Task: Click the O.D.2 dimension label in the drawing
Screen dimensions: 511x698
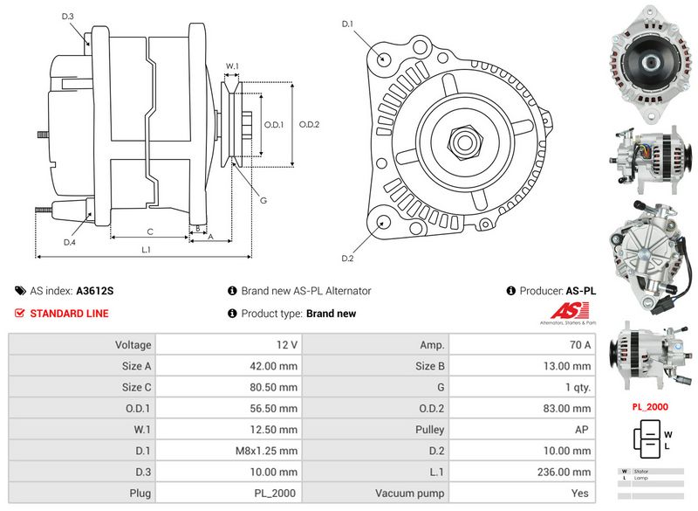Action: click(x=310, y=124)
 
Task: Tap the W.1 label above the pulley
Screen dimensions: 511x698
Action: click(x=232, y=66)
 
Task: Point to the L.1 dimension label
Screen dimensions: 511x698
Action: click(x=147, y=250)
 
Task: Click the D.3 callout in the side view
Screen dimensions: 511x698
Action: click(x=68, y=17)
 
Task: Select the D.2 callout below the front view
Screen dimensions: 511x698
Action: click(x=347, y=258)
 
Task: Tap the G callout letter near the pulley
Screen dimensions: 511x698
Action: click(x=263, y=201)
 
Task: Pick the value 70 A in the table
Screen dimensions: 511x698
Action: click(x=580, y=345)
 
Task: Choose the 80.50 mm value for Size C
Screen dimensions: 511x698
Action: click(x=274, y=387)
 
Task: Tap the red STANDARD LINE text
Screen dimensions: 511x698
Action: click(x=69, y=314)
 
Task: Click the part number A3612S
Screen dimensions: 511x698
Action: click(x=95, y=291)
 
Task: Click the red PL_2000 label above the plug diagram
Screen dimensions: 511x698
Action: click(x=650, y=407)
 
